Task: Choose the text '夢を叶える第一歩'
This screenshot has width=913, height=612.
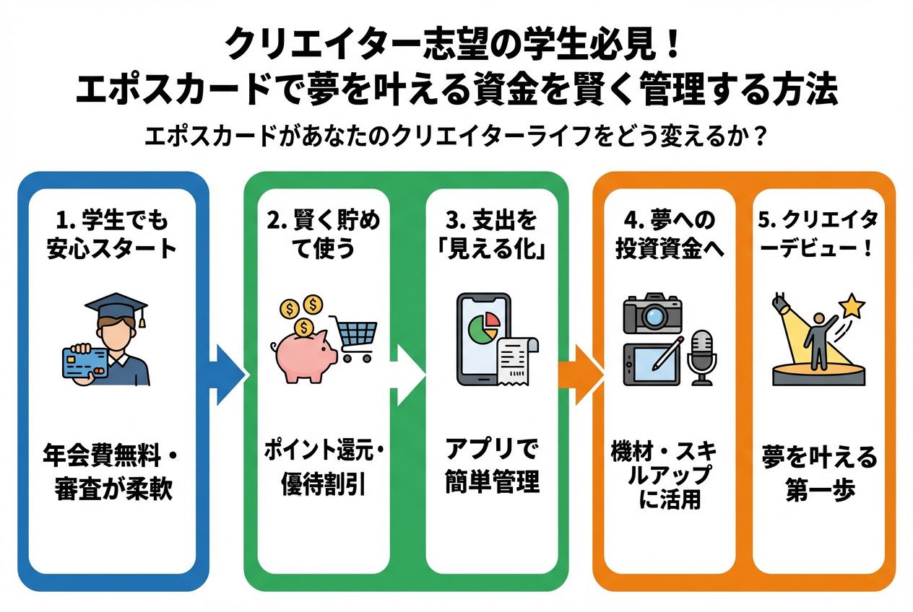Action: [820, 473]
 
